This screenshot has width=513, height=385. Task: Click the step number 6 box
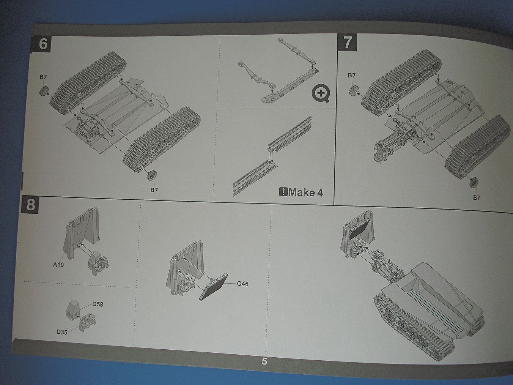[x=43, y=44]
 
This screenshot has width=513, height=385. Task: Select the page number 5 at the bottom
[x=264, y=361]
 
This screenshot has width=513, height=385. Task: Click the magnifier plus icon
[x=321, y=93]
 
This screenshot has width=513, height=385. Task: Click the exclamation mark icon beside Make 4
[x=283, y=192]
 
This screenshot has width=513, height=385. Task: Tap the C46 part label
[x=242, y=284]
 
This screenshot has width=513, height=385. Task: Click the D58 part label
[x=98, y=304]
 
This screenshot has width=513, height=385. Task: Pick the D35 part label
[x=62, y=332]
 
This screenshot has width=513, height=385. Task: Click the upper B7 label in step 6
[x=43, y=77]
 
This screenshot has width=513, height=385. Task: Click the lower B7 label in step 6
[x=154, y=190]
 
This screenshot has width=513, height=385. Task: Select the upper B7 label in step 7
[x=352, y=75]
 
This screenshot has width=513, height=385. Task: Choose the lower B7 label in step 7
[x=476, y=197]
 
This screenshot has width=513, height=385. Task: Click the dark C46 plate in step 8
[x=213, y=287]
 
